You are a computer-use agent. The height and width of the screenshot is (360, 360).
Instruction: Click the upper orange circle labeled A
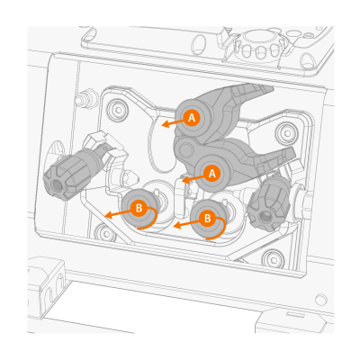click(x=192, y=118)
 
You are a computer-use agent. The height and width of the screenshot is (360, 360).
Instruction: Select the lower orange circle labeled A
click(x=212, y=174)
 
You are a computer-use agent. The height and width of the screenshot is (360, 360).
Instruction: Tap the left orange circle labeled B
click(x=139, y=208)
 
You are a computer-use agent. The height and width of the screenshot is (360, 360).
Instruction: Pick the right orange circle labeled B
click(x=207, y=219)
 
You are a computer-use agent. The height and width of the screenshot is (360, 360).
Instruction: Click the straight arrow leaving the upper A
click(x=173, y=123)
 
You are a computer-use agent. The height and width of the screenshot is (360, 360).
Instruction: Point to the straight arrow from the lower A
click(x=193, y=179)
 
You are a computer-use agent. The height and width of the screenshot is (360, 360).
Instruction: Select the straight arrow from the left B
click(x=118, y=213)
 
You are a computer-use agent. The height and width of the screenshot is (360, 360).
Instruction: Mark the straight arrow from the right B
click(x=186, y=223)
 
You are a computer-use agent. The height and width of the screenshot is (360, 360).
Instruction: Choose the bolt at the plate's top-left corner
click(x=117, y=108)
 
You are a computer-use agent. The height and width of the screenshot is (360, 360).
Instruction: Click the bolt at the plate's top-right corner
click(x=285, y=131)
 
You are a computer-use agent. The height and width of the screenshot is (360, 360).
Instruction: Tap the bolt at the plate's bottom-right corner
click(x=273, y=257)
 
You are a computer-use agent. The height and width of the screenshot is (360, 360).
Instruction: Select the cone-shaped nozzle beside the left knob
click(x=129, y=179)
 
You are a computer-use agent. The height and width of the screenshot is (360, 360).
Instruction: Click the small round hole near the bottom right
click(x=321, y=299)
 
